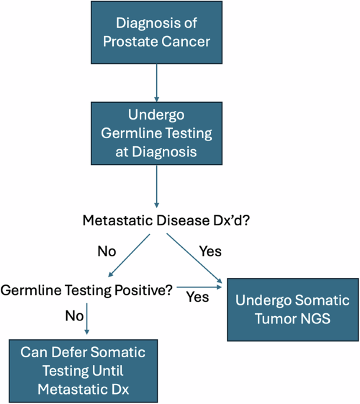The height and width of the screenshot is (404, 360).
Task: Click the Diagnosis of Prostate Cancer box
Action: [156, 32]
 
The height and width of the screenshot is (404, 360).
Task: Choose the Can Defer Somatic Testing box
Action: [83, 370]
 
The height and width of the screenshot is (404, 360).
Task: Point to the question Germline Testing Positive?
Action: [87, 290]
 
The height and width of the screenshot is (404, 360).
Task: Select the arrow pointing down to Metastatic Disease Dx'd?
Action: [156, 186]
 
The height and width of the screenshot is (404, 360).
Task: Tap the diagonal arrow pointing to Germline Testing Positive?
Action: [128, 255]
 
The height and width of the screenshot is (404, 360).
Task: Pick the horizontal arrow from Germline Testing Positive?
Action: [201, 287]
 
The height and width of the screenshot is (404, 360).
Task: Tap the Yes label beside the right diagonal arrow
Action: [210, 252]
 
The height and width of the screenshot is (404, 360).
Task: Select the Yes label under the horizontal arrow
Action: [197, 297]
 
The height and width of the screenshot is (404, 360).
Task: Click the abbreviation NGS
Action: [318, 319]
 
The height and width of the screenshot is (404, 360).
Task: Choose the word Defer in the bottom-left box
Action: [69, 353]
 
